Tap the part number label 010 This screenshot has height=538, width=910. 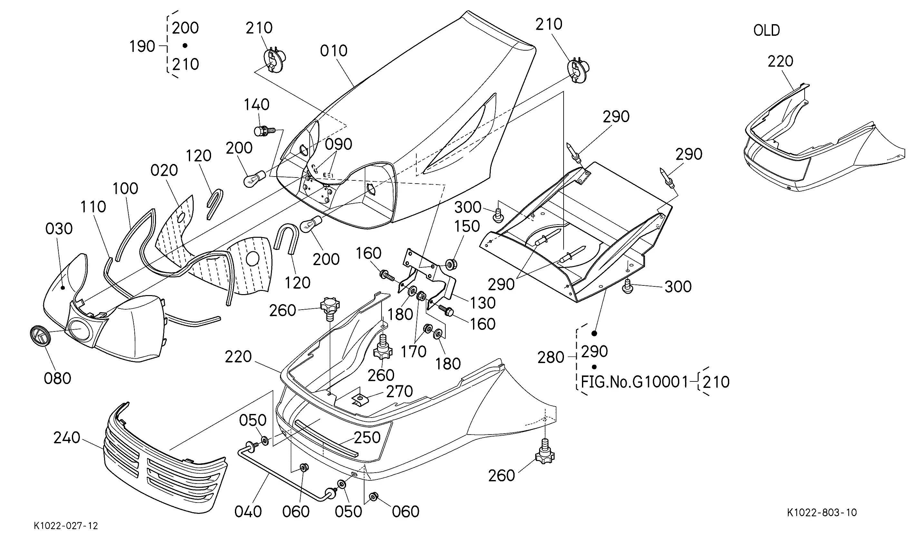pos(334,51)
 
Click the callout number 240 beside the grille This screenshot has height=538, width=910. pos(67,438)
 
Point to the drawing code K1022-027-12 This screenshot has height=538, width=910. pos(66,526)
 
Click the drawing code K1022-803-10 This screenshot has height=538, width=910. pos(822,512)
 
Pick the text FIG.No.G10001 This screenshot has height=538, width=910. pos(634,382)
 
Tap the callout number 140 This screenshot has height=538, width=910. pos(256,105)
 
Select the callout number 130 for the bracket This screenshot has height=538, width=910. pos(483,303)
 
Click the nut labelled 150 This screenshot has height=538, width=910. pos(450,264)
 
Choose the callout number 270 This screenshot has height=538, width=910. pos(399,391)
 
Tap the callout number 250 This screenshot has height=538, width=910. pos(367,438)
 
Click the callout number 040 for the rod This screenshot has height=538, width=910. pos(248,512)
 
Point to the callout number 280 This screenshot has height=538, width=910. pos(551,358)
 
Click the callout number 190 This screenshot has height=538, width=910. pos(142,46)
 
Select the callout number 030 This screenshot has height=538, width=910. pos(59,229)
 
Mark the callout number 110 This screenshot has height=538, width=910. pos(93,207)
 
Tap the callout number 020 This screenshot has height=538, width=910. pos(164,170)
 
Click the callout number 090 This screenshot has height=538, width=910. pos(338,144)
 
